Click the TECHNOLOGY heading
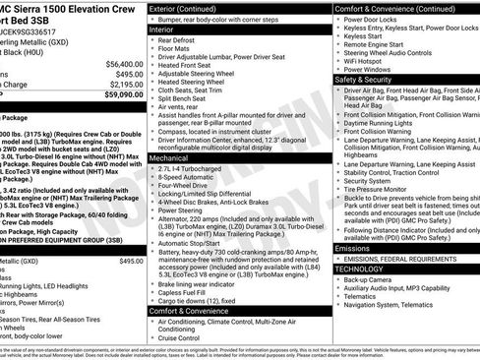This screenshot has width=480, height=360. tap(359, 268)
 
